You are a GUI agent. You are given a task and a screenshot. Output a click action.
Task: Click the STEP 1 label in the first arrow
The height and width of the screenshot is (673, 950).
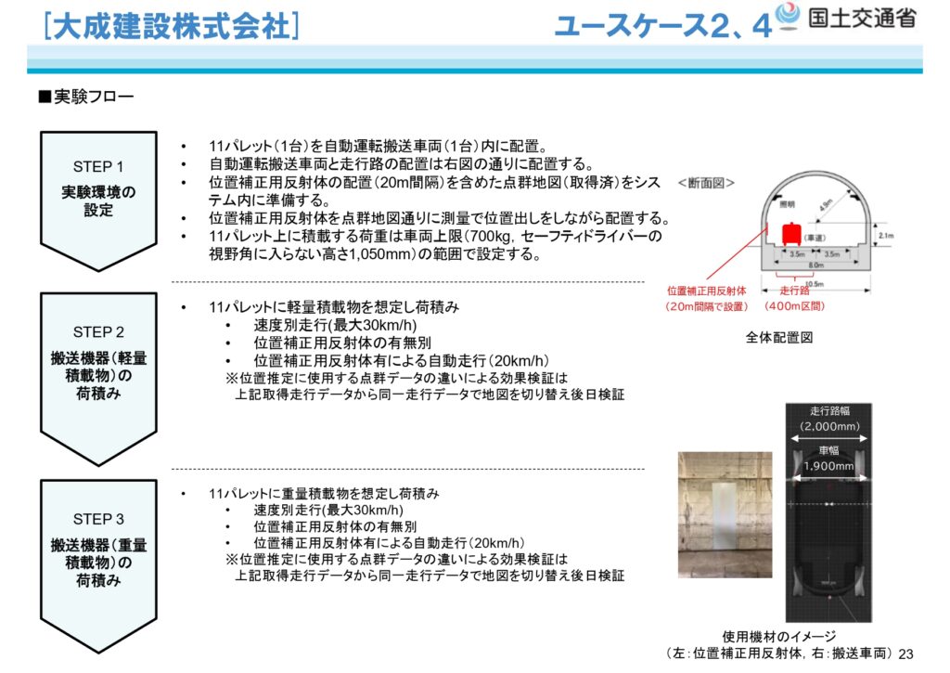[97, 167]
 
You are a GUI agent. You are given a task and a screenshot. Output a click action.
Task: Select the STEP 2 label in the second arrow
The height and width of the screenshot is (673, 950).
[97, 332]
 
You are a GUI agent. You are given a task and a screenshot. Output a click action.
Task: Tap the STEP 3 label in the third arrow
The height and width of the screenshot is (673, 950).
[97, 519]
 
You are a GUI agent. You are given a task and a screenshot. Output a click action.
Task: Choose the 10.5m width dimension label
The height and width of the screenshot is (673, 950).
[814, 284]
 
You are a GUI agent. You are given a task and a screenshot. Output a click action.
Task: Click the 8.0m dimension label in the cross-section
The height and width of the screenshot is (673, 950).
[814, 264]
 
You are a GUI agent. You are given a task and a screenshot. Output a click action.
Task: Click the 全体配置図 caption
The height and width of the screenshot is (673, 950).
[778, 338]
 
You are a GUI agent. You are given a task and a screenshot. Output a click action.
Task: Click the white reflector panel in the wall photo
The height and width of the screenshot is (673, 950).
[725, 525]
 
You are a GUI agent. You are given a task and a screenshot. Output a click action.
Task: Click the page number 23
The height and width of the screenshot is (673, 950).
[906, 654]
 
